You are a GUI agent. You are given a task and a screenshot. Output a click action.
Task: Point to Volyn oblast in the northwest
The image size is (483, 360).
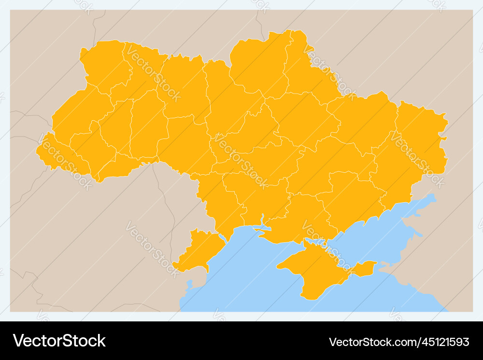coord(104,65)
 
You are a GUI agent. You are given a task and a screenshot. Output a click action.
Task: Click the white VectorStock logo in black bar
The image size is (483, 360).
coord(59,341)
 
